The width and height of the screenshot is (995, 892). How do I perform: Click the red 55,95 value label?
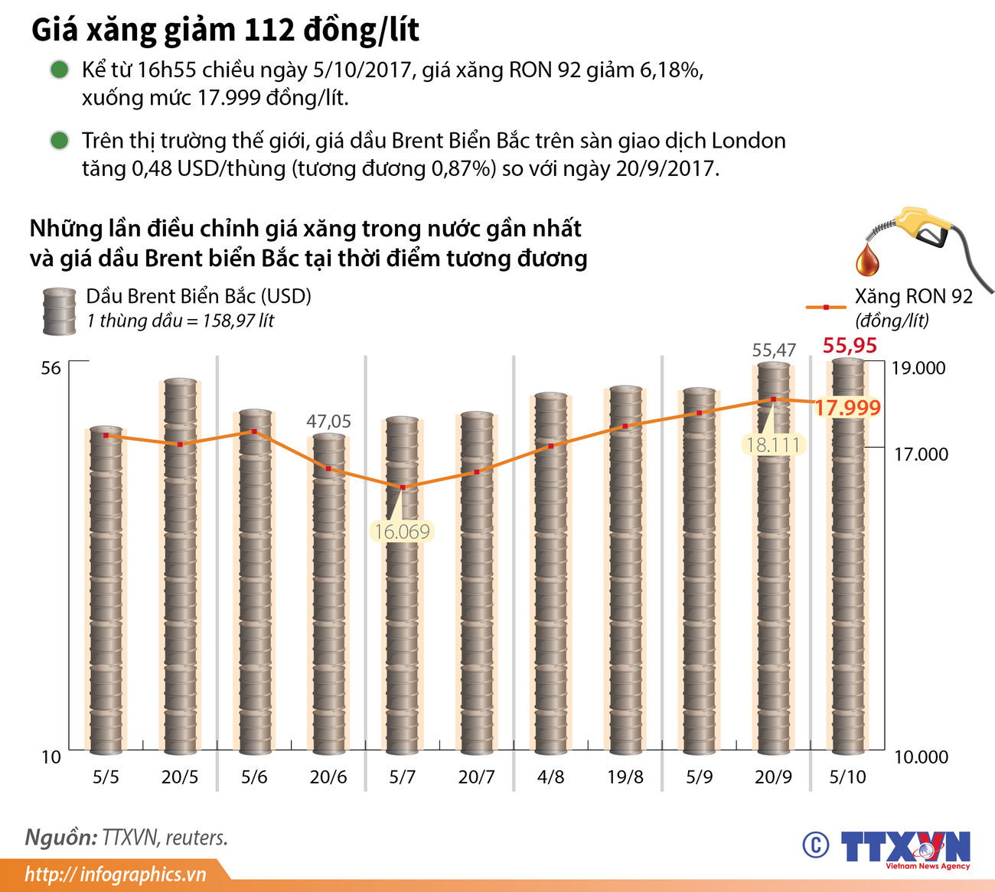click(850, 346)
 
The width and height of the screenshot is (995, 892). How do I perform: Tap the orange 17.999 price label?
click(847, 408)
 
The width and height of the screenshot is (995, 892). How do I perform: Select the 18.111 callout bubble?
click(773, 444)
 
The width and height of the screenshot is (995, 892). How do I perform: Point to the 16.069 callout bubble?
click(402, 531)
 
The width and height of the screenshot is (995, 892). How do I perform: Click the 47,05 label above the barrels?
click(328, 422)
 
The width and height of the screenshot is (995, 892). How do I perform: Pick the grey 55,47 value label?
click(774, 350)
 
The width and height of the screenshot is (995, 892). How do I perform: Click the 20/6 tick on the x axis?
click(328, 777)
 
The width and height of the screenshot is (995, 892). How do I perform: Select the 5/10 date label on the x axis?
click(847, 777)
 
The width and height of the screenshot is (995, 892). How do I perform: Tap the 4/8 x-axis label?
click(550, 777)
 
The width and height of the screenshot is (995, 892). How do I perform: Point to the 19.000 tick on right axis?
click(918, 368)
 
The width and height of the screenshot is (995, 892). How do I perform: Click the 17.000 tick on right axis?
click(921, 454)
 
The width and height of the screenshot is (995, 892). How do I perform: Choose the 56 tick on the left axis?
click(51, 369)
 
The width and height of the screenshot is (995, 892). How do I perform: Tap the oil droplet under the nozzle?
click(867, 260)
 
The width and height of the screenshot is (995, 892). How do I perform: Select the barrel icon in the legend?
click(59, 311)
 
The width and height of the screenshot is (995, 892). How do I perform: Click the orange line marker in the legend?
click(826, 307)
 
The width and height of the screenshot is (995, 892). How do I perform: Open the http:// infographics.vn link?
click(115, 874)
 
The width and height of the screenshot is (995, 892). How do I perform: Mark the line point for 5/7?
click(403, 487)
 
